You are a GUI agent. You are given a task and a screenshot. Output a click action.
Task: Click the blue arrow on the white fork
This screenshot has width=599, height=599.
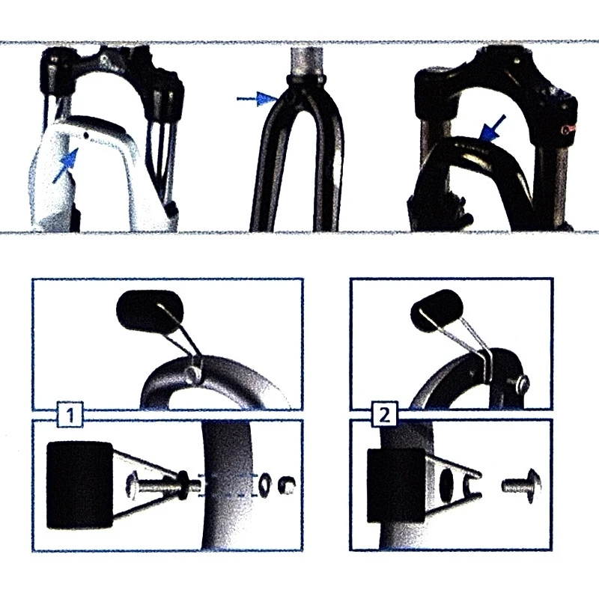(x=66, y=165)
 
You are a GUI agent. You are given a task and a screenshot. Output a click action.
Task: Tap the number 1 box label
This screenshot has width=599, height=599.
(x=68, y=413)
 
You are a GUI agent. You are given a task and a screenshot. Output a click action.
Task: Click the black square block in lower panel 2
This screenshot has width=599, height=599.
(x=397, y=484)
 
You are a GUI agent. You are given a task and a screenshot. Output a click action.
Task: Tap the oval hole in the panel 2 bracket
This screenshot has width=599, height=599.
(x=448, y=484)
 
